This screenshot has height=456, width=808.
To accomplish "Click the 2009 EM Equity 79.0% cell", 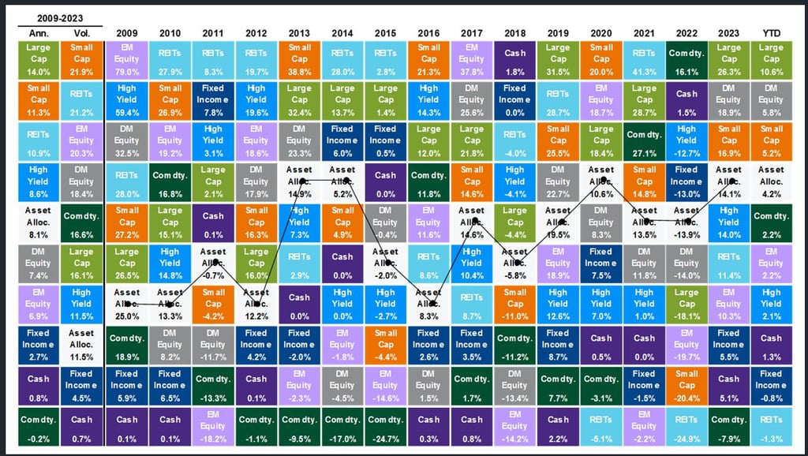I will coord(126,58).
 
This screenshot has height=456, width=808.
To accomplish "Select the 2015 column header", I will coord(385,32).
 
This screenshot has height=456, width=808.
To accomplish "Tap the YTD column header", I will coord(772,32).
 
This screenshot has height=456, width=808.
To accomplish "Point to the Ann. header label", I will coord(38,32).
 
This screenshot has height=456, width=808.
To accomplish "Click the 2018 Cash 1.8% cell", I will coord(514,58).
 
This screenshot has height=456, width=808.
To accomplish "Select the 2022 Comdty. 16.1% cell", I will coord(686,58).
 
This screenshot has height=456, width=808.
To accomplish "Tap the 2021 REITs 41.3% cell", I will coord(644,58).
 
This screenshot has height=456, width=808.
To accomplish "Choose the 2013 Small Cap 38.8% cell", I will coord(299,58).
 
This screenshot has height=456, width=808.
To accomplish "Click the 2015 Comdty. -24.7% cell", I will coord(385,427).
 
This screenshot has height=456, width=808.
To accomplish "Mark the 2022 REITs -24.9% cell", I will coord(686,427).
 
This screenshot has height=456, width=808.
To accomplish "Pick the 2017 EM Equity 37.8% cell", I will coord(471,58).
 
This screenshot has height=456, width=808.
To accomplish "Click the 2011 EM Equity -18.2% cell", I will coord(213,427).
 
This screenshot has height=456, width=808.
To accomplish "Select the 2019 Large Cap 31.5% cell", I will coord(558,58).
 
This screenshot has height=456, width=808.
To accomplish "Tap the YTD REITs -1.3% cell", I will coord(772,427).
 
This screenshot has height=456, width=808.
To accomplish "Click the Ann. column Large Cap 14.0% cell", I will coord(38,58).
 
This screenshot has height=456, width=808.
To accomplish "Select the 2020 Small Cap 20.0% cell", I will coord(600,58).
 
